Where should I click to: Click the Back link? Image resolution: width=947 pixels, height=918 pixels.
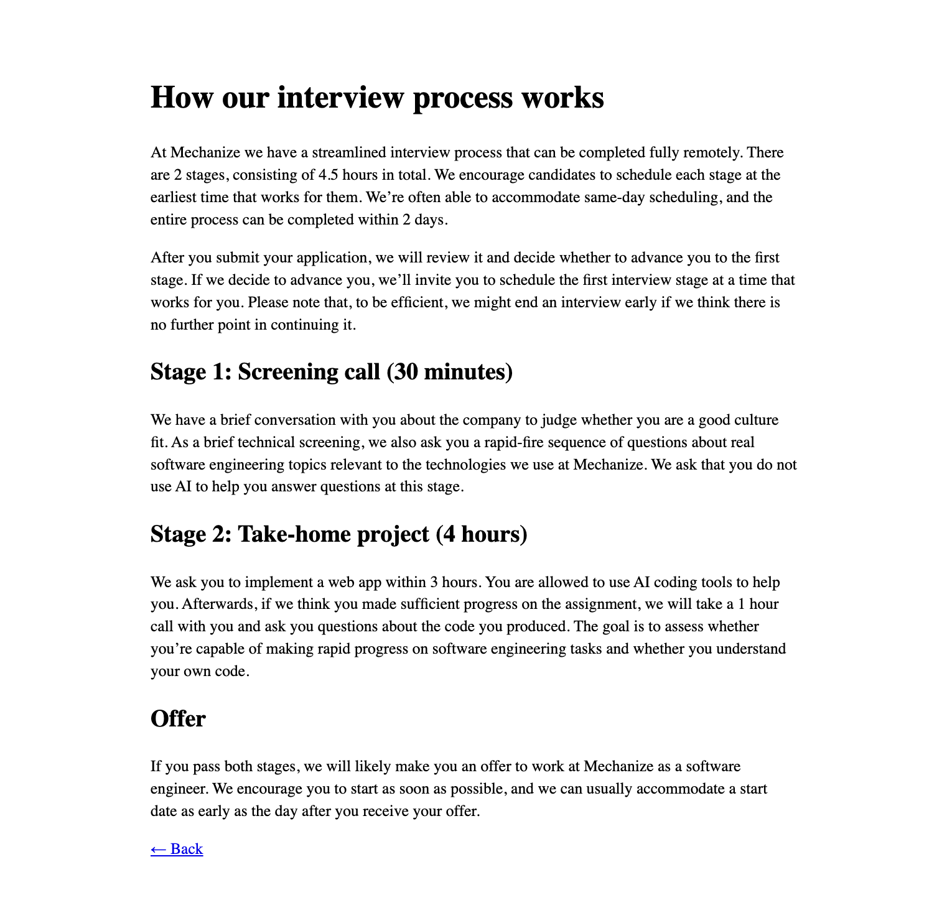click(x=177, y=849)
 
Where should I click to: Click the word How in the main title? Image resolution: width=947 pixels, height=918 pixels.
click(x=180, y=98)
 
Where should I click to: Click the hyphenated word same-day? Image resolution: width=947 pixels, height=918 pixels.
click(x=591, y=198)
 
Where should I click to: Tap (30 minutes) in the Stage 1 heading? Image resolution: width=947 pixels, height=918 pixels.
click(x=449, y=372)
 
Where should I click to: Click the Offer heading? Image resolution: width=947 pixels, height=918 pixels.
click(x=178, y=719)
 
